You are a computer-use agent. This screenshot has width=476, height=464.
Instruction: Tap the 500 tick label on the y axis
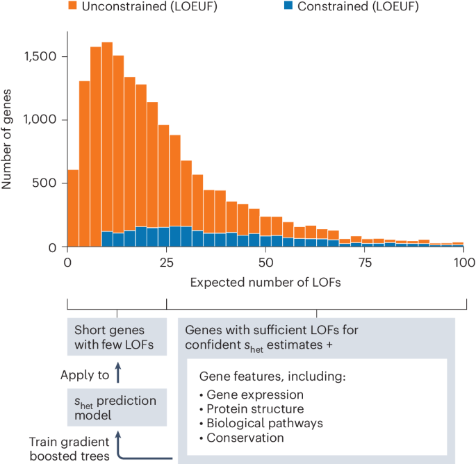tap(51, 184)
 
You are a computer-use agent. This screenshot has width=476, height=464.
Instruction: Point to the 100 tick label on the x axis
tap(464, 263)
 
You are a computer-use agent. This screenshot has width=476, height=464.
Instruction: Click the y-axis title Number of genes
tap(8, 139)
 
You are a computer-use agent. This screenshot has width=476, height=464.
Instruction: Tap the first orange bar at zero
tap(73, 208)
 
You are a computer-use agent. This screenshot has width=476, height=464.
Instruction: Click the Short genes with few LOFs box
tap(117, 337)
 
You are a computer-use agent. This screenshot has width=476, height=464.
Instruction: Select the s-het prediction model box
tap(117, 407)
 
